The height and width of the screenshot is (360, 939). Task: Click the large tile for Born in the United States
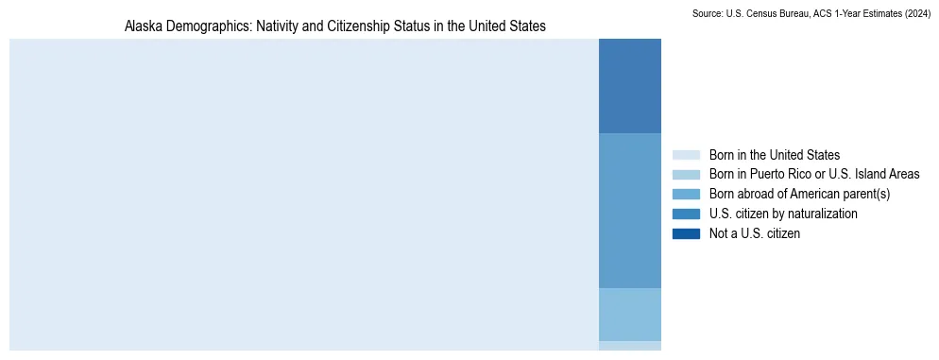pyautogui.click(x=303, y=195)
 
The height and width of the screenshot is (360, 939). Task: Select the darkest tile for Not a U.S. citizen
pyautogui.click(x=629, y=86)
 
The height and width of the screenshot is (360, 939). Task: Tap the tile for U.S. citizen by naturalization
pyautogui.click(x=629, y=210)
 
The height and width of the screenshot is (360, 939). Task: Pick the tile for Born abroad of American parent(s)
pyautogui.click(x=629, y=314)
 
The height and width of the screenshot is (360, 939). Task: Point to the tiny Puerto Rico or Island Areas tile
pyautogui.click(x=629, y=346)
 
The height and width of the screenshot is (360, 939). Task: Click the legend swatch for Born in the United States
pyautogui.click(x=686, y=155)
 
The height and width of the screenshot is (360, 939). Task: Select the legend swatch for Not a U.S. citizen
pyautogui.click(x=686, y=233)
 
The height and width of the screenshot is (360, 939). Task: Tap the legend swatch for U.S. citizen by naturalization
pyautogui.click(x=686, y=214)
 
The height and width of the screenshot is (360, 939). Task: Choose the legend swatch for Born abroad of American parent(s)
pyautogui.click(x=686, y=194)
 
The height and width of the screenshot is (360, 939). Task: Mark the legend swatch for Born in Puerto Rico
pyautogui.click(x=686, y=175)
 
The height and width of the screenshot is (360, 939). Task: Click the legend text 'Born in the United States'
pyautogui.click(x=774, y=155)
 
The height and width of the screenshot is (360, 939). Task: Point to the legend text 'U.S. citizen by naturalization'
pyautogui.click(x=783, y=214)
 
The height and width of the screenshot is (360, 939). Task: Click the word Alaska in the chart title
pyautogui.click(x=144, y=26)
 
